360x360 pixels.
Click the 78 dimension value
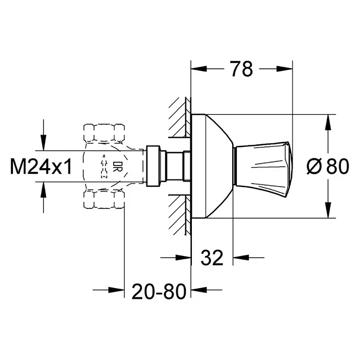pyautogui.click(x=242, y=69)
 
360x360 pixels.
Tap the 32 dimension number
pyautogui.click(x=212, y=258)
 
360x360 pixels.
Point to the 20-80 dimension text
pyautogui.click(x=159, y=291)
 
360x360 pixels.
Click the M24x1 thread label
pyautogui.click(x=41, y=167)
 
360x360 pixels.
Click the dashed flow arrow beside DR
pyautogui.click(x=104, y=166)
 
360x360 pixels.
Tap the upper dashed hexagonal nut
pyautogui.click(x=104, y=133)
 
